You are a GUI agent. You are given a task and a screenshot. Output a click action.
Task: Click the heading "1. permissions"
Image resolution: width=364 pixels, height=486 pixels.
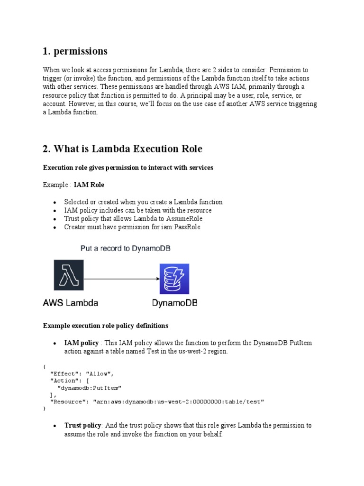coord(75,51)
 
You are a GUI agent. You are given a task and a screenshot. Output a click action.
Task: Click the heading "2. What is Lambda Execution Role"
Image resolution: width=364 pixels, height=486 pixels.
coord(122,149)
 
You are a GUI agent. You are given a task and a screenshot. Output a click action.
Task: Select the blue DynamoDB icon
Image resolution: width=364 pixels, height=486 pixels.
coord(174,279)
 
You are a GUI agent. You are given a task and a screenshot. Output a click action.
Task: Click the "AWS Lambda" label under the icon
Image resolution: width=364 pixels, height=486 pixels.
coord(71,302)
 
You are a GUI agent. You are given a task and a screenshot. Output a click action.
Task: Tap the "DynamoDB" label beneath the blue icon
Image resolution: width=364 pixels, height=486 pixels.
coord(175,302)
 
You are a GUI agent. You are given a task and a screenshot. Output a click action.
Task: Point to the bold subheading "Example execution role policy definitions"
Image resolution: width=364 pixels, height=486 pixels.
coord(106,326)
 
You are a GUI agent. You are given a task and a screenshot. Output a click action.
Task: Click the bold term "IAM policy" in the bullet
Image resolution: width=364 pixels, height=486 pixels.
coord(82,343)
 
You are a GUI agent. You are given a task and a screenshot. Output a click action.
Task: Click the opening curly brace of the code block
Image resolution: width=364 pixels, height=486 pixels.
coord(44,366)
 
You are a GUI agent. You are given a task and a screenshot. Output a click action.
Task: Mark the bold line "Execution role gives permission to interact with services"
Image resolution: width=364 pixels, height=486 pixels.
coord(128,168)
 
